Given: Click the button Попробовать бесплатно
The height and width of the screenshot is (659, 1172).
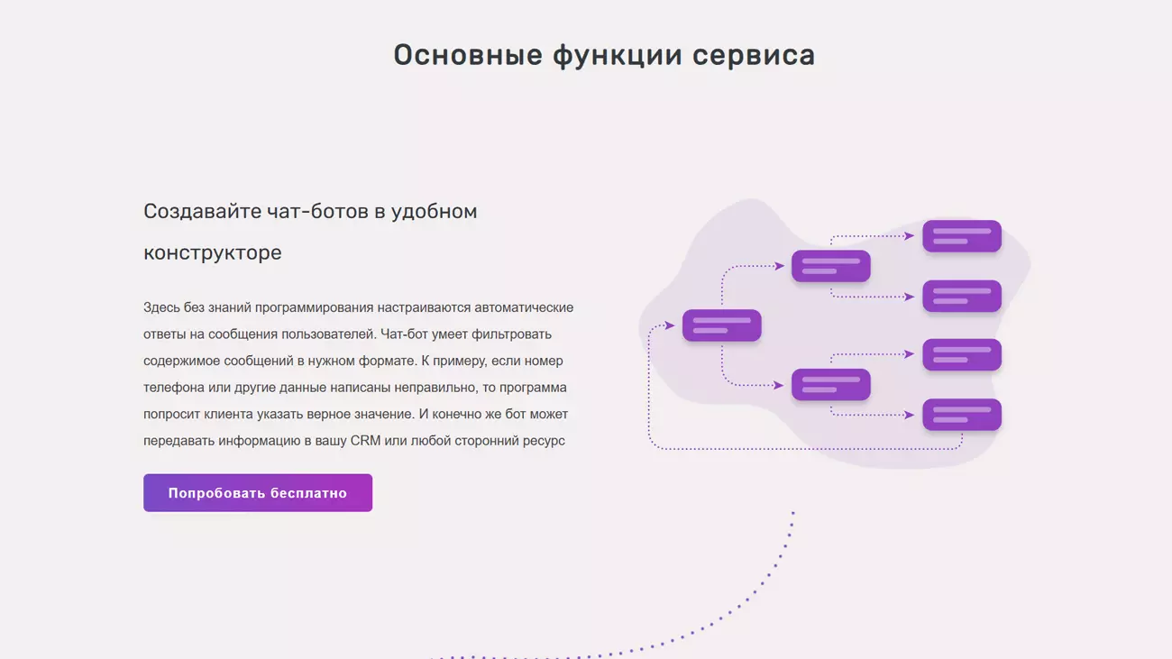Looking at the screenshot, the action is pos(258,493).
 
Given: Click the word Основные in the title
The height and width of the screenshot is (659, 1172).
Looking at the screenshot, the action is pos(468,55).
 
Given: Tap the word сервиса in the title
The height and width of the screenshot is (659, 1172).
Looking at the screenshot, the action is pos(754,55).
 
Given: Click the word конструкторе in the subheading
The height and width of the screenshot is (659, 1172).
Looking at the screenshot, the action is pos(213,252).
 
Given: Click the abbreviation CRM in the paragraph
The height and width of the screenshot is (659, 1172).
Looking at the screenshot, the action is pos(365,440).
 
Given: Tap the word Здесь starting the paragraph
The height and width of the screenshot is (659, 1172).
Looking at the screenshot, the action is pos(161,307).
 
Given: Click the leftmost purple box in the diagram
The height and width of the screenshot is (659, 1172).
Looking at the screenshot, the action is pos(722,325).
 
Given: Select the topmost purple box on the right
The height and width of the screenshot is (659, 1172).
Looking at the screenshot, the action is pos(962,236).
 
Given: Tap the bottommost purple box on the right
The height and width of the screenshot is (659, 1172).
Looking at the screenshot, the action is pos(962,415).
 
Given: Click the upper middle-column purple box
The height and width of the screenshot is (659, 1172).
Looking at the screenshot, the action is pos(831,266).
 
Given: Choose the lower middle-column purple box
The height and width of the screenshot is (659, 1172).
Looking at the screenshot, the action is pos(831,385).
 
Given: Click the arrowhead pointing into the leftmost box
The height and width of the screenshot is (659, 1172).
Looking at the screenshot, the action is pos(670,325).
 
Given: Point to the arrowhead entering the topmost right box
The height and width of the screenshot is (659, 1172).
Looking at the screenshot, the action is pos(910,236).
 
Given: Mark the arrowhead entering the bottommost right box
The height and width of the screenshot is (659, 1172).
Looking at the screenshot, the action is pos(910,415).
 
